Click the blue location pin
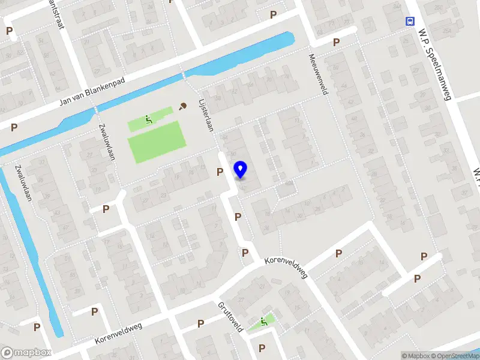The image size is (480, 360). [x=241, y=169]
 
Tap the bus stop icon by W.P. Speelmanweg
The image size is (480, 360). [x=410, y=21]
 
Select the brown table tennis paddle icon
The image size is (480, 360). [x=182, y=106]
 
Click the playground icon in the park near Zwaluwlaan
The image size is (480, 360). [x=148, y=120]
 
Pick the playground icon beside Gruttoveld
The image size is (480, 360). [x=264, y=322]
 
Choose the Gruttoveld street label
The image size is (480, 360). [x=230, y=316]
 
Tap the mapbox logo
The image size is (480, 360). [x=26, y=353]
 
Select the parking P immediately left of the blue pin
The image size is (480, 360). [x=220, y=172]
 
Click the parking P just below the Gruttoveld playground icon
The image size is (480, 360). [x=262, y=348]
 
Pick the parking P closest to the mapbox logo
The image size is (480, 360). [x=37, y=327]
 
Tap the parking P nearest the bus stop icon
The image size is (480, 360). [x=337, y=43]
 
